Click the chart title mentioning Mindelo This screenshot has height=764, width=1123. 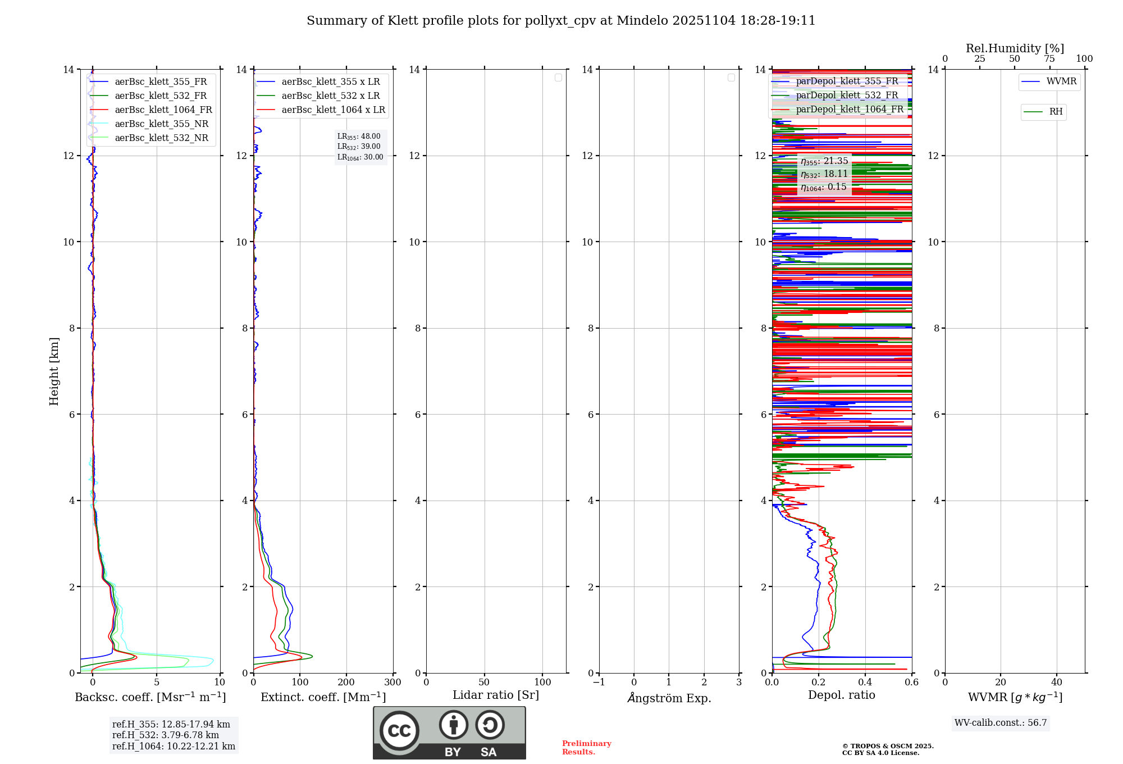click(560, 21)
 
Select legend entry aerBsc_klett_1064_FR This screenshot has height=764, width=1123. click(163, 110)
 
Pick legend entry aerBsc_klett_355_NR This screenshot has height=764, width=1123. click(161, 124)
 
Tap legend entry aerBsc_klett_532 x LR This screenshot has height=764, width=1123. click(330, 96)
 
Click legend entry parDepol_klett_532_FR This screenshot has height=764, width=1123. click(847, 95)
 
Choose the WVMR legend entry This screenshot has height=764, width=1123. click(1061, 81)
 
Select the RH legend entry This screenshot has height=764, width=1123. click(1056, 112)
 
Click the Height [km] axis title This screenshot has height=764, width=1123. click(54, 371)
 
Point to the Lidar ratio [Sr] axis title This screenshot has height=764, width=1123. click(495, 695)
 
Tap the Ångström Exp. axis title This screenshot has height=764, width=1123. click(669, 698)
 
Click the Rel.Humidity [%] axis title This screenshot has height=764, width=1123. click(1015, 48)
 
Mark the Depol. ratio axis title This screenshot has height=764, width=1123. click(841, 695)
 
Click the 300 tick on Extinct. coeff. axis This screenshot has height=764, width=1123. click(392, 683)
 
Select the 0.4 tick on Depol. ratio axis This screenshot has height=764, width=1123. click(865, 683)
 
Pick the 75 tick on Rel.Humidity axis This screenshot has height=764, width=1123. click(1049, 59)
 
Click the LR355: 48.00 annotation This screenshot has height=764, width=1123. click(359, 137)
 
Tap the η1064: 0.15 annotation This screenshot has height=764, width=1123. click(824, 187)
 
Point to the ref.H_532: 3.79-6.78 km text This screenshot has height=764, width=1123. click(165, 735)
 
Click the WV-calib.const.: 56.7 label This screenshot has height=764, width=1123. click(1001, 723)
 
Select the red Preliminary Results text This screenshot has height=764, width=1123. click(586, 748)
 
